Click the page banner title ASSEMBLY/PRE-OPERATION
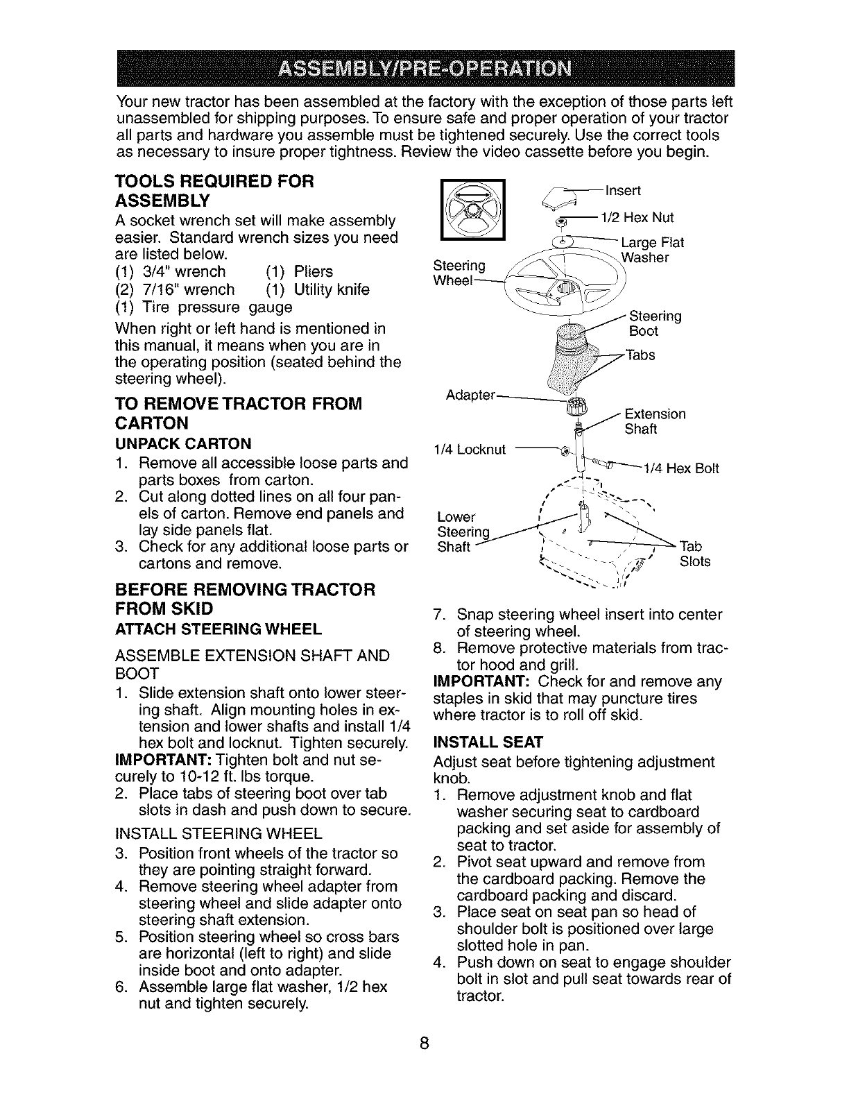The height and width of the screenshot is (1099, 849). point(424,70)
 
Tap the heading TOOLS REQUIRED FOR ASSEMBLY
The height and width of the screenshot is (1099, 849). point(215,191)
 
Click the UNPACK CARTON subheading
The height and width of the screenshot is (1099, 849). point(182,443)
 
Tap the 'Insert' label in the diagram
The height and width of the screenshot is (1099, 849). point(623,190)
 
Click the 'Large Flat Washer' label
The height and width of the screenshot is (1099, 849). point(652,250)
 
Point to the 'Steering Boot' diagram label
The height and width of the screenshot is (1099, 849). point(654,323)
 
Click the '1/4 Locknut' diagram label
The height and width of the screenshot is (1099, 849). point(470,449)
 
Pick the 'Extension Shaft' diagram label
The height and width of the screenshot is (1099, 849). point(655,421)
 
